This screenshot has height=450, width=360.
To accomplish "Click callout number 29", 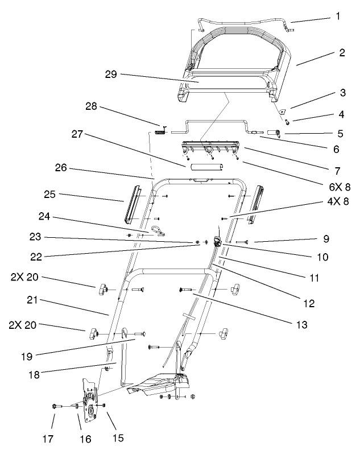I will [x=111, y=75].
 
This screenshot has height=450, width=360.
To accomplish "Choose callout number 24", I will [x=44, y=216].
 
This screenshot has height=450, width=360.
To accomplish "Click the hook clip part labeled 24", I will [x=157, y=230].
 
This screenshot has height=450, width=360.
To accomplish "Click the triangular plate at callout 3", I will [x=281, y=112].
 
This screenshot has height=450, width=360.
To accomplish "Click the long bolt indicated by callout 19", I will [x=138, y=332].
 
